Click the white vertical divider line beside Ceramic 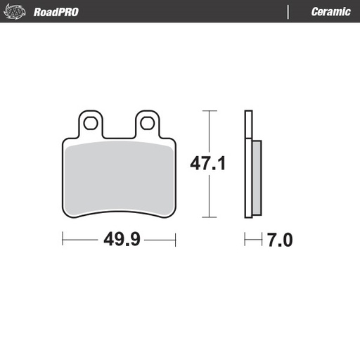click(x=288, y=12)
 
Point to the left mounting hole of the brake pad click(x=91, y=123)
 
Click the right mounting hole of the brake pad click(x=146, y=123)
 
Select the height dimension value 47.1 click(x=207, y=165)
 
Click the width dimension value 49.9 click(x=120, y=240)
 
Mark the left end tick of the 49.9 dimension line click(x=63, y=240)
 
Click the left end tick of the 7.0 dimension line click(x=245, y=240)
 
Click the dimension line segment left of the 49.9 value click(x=81, y=240)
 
